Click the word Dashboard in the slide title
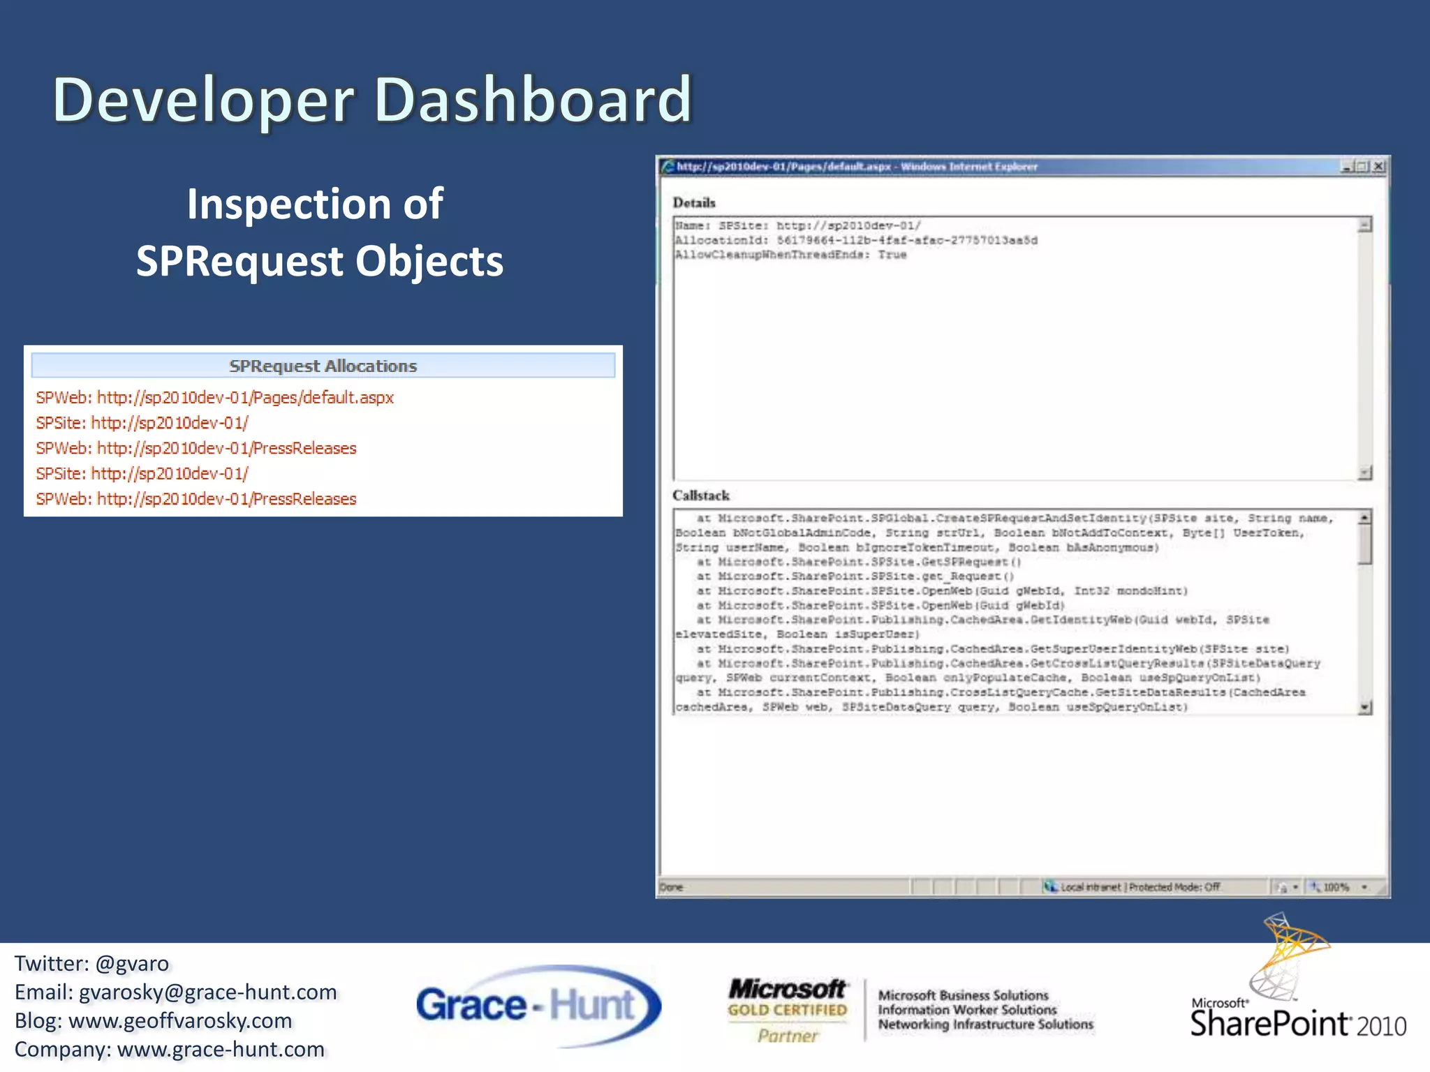(533, 100)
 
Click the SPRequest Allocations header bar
(323, 366)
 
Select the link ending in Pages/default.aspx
(215, 398)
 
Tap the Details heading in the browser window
(694, 202)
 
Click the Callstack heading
(701, 496)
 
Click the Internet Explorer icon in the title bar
(668, 166)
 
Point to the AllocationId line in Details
(856, 241)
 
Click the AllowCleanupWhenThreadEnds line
(790, 255)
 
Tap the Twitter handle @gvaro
(132, 964)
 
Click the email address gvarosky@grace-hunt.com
(207, 992)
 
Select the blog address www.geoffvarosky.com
(180, 1021)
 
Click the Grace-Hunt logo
(538, 1006)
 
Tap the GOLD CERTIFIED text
(787, 1010)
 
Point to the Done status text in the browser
(671, 888)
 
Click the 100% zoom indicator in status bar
(1336, 888)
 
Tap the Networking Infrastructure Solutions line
(985, 1025)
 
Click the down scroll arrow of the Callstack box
(1365, 708)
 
